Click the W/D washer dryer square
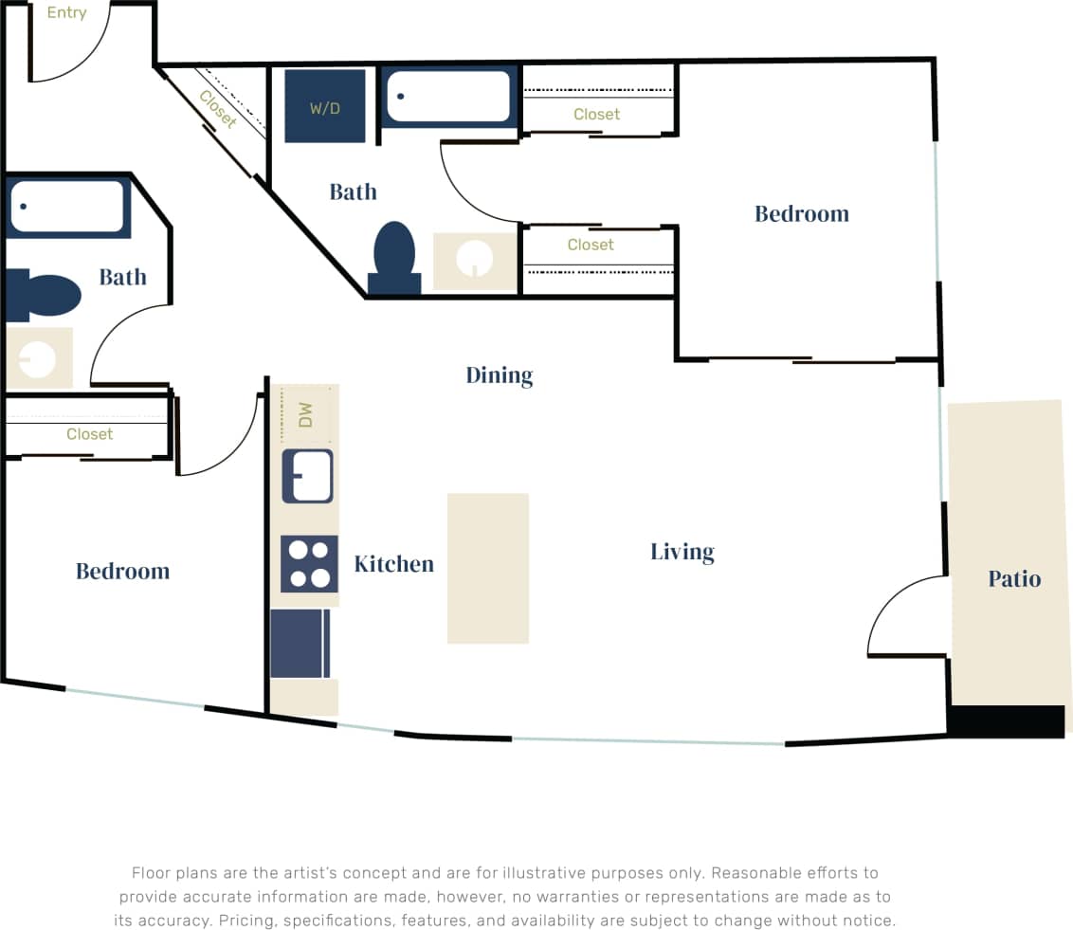[325, 106]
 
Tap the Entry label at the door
[66, 13]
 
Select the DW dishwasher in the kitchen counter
[305, 414]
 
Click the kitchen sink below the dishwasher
[307, 476]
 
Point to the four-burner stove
[309, 563]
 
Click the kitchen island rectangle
[487, 568]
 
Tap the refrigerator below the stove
[300, 644]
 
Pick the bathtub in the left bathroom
[66, 206]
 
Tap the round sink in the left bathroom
[37, 359]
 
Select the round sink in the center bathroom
[474, 260]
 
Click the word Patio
[1014, 578]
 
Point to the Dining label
[500, 375]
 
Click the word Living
[682, 552]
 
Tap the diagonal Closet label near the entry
[218, 110]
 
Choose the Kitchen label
[393, 564]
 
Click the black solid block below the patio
[1006, 721]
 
